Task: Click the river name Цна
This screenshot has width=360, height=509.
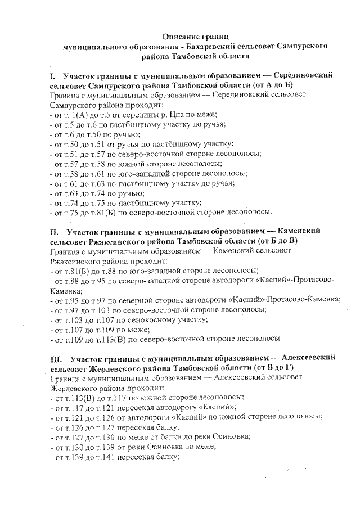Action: (x=177, y=115)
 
